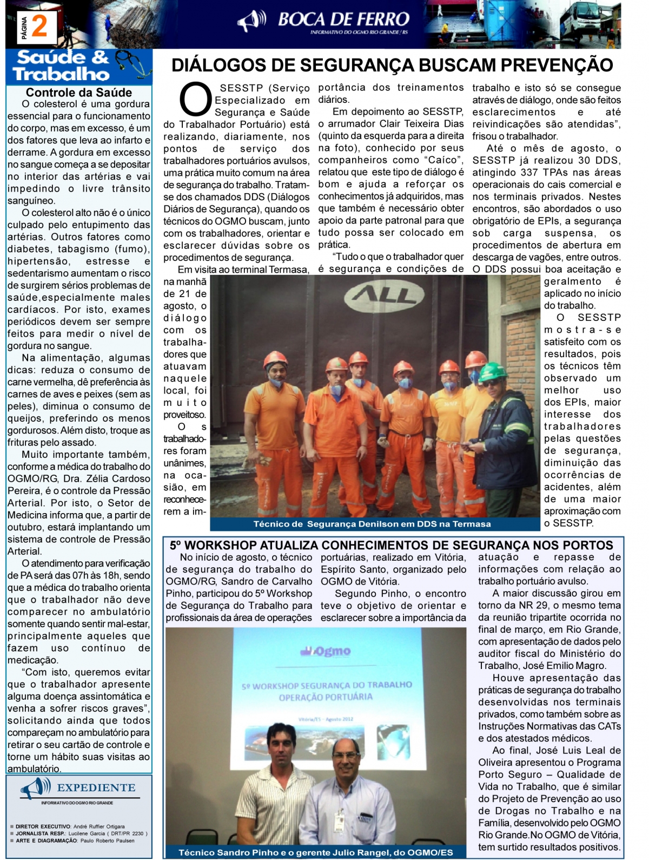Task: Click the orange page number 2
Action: [x=39, y=27]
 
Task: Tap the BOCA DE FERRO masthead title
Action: [x=343, y=19]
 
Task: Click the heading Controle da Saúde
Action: [x=79, y=93]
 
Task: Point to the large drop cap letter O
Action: [x=195, y=99]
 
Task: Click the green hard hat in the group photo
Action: [x=493, y=371]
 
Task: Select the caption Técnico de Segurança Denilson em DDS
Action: [x=372, y=524]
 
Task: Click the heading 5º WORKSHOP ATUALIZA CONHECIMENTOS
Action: [x=392, y=545]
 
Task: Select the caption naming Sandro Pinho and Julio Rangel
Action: [x=316, y=852]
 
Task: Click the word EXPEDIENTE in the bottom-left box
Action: [x=96, y=787]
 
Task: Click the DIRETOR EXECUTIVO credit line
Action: [x=70, y=826]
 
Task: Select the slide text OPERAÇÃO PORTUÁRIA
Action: [x=326, y=697]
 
